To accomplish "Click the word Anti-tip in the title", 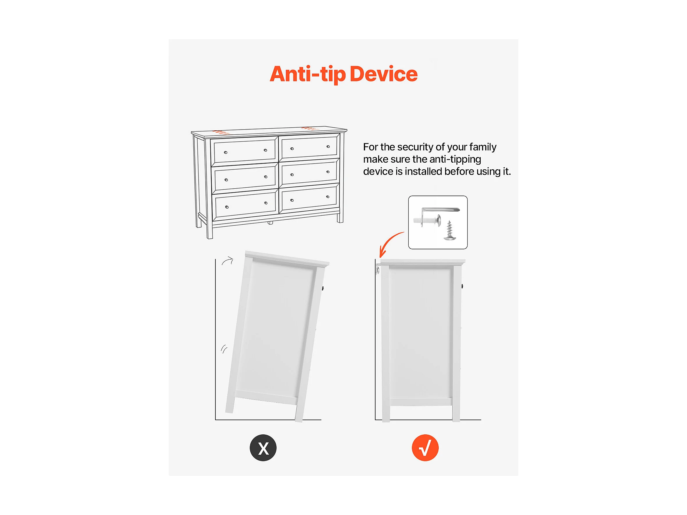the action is pyautogui.click(x=307, y=74).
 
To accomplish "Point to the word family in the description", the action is pyautogui.click(x=483, y=147).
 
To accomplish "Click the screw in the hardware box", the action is pyautogui.click(x=449, y=231).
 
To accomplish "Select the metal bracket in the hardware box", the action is pyautogui.click(x=440, y=210).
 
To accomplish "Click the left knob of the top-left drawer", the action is pyautogui.click(x=226, y=152).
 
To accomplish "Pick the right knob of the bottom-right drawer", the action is pyautogui.click(x=328, y=197).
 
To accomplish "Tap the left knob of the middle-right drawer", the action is pyautogui.click(x=292, y=175).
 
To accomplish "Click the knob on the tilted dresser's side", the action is pyautogui.click(x=323, y=288).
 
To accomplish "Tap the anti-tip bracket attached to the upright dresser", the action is pyautogui.click(x=378, y=269).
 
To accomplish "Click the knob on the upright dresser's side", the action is pyautogui.click(x=462, y=286).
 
